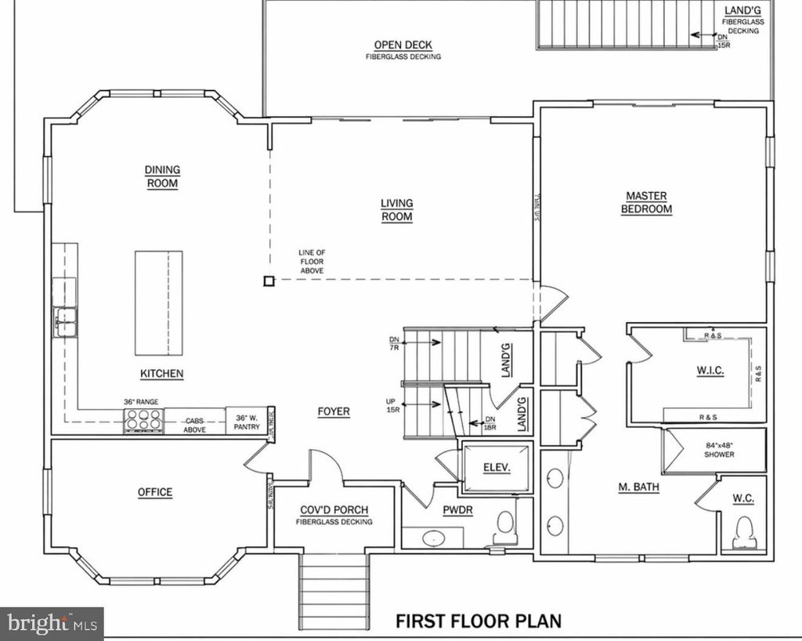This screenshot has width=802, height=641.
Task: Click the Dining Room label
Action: coord(162,176)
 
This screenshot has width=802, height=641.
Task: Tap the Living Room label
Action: coord(397,210)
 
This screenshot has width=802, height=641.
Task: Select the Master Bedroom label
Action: coord(646,202)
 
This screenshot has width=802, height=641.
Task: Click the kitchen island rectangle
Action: coord(158,302)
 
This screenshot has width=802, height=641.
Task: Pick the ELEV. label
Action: coord(497,468)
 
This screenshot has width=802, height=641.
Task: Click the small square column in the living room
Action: coord(268,281)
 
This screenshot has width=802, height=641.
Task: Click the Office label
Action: coord(155,492)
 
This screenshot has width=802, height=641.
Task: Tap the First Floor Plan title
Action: coord(478,621)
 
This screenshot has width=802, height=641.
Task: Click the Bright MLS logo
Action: coord(52,624)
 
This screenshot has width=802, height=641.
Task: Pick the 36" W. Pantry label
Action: coord(247,422)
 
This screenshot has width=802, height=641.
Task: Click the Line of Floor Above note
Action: coord(311,261)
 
